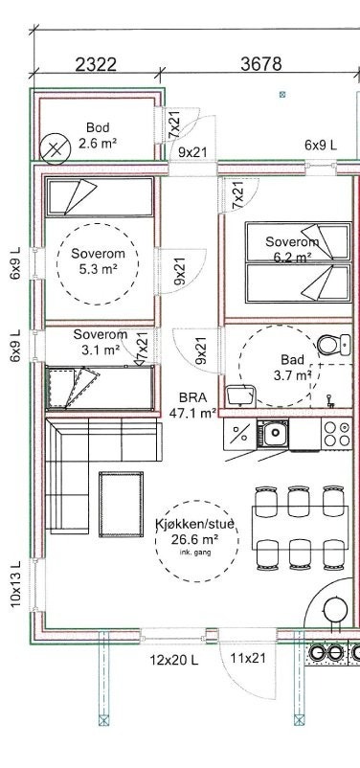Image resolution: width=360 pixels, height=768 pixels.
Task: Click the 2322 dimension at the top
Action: tap(96, 65)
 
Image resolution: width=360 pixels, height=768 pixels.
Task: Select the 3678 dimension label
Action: tap(261, 64)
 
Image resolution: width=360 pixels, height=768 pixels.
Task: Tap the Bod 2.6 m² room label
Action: tap(98, 134)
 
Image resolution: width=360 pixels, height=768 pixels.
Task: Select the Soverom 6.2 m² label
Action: tap(292, 249)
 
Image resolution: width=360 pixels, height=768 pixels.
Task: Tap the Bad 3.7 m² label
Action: tap(293, 367)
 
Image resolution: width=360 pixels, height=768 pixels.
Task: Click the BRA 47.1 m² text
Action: tap(193, 405)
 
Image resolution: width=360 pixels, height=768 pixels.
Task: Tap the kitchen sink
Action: tap(272, 435)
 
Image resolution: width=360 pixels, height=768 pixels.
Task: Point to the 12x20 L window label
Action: tap(173, 659)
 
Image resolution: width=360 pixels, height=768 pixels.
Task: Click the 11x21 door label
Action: tap(247, 658)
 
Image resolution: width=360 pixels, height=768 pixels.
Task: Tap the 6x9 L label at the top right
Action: tap(321, 145)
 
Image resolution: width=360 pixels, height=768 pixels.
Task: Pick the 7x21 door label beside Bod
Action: tap(174, 124)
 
